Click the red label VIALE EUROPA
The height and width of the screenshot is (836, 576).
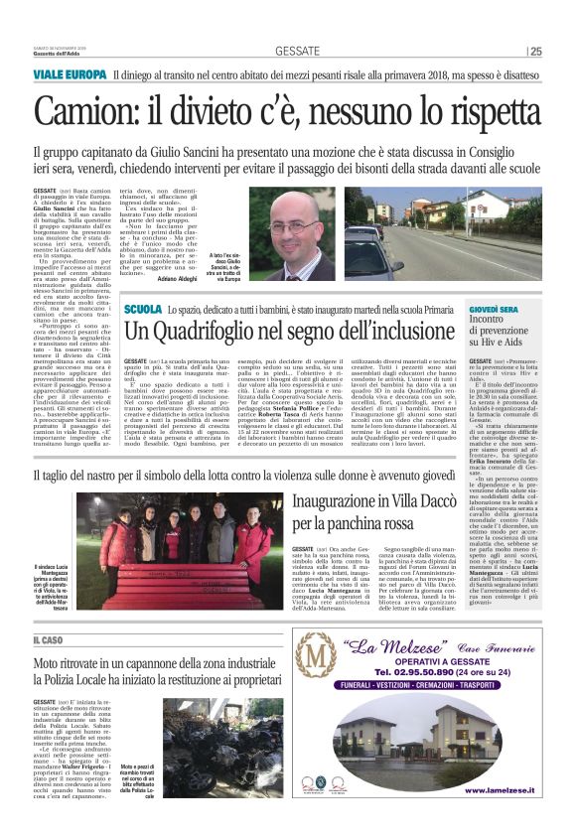pyautogui.click(x=72, y=75)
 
